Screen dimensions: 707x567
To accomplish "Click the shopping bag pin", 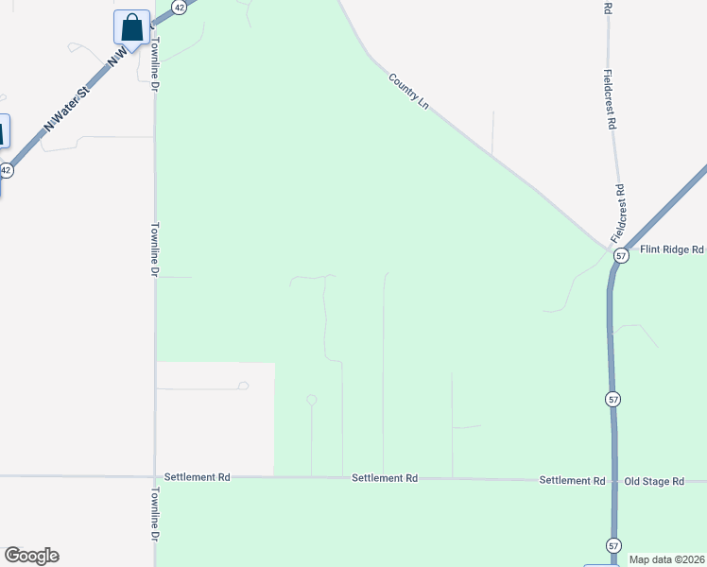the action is pyautogui.click(x=131, y=26).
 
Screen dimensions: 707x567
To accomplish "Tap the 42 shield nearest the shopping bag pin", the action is pyautogui.click(x=180, y=6).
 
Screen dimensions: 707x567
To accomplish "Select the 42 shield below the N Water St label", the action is pyautogui.click(x=7, y=170).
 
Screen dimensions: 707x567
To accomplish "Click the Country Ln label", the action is pyautogui.click(x=409, y=91).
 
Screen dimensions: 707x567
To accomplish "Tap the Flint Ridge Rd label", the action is pyautogui.click(x=672, y=249).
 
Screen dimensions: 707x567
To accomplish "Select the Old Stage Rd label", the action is pyautogui.click(x=654, y=481).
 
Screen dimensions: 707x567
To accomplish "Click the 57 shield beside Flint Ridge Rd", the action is pyautogui.click(x=621, y=256).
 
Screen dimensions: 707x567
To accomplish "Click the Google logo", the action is pyautogui.click(x=31, y=556).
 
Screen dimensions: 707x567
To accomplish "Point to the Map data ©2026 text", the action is pyautogui.click(x=666, y=559).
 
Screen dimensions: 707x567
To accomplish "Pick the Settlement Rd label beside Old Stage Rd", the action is pyautogui.click(x=572, y=480).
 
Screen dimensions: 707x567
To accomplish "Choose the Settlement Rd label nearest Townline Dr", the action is pyautogui.click(x=198, y=477).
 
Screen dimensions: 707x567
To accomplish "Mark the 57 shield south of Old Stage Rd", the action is pyautogui.click(x=613, y=545).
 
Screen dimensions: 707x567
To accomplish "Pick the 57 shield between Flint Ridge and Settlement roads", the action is pyautogui.click(x=613, y=400).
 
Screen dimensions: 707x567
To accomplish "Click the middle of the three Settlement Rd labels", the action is pyautogui.click(x=385, y=478).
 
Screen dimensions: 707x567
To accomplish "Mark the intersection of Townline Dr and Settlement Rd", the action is pyautogui.click(x=155, y=476).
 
